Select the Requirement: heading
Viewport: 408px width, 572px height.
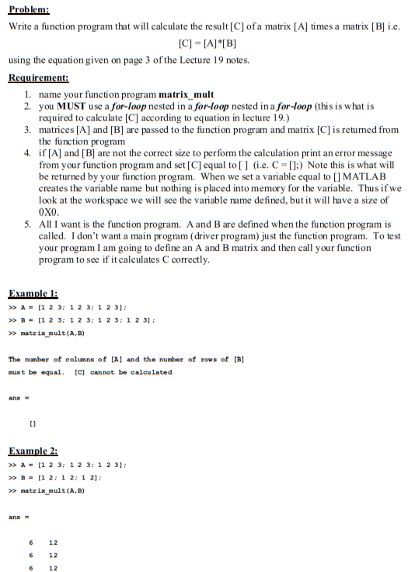tap(38, 78)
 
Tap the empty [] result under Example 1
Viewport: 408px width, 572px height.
tap(32, 423)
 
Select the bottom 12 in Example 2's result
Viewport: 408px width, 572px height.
tap(53, 568)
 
